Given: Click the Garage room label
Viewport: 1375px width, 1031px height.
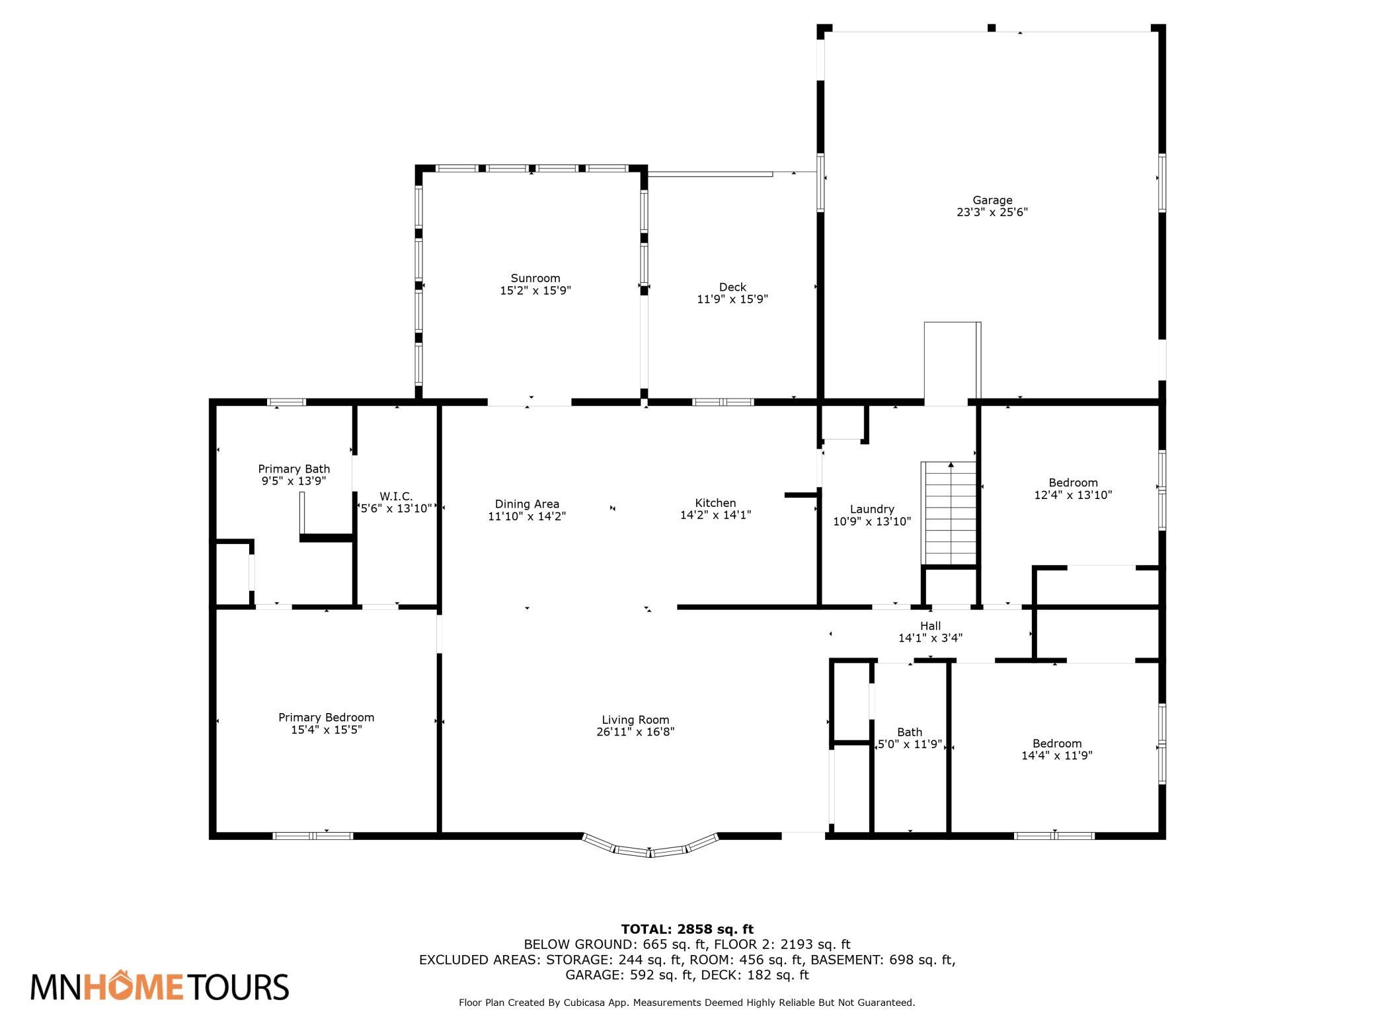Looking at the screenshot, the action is (x=992, y=200).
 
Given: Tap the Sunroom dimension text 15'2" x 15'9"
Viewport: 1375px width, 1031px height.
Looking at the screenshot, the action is (x=535, y=290).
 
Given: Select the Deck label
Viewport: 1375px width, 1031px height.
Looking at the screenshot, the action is (x=732, y=287).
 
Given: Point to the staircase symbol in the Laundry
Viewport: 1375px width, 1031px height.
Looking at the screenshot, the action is (x=949, y=514).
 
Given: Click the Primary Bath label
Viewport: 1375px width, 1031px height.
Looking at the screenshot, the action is (x=294, y=469).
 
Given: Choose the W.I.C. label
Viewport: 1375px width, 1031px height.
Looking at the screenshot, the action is (x=396, y=496).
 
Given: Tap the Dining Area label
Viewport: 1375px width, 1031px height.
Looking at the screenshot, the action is (x=527, y=504).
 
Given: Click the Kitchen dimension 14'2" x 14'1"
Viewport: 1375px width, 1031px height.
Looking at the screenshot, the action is (x=716, y=515).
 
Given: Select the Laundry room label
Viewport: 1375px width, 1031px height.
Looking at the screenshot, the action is (x=872, y=510).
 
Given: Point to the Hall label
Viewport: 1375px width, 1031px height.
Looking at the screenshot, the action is (x=930, y=626).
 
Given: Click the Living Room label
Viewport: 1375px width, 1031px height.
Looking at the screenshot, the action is (x=635, y=720).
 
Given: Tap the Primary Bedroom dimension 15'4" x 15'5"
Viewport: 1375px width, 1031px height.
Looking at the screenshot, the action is (x=327, y=730).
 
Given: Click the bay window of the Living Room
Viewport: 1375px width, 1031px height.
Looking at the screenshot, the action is (x=650, y=848).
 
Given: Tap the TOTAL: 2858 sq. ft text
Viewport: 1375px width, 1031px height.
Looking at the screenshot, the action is (x=687, y=930).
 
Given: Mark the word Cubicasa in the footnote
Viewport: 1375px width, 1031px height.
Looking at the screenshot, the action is (x=586, y=1021).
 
